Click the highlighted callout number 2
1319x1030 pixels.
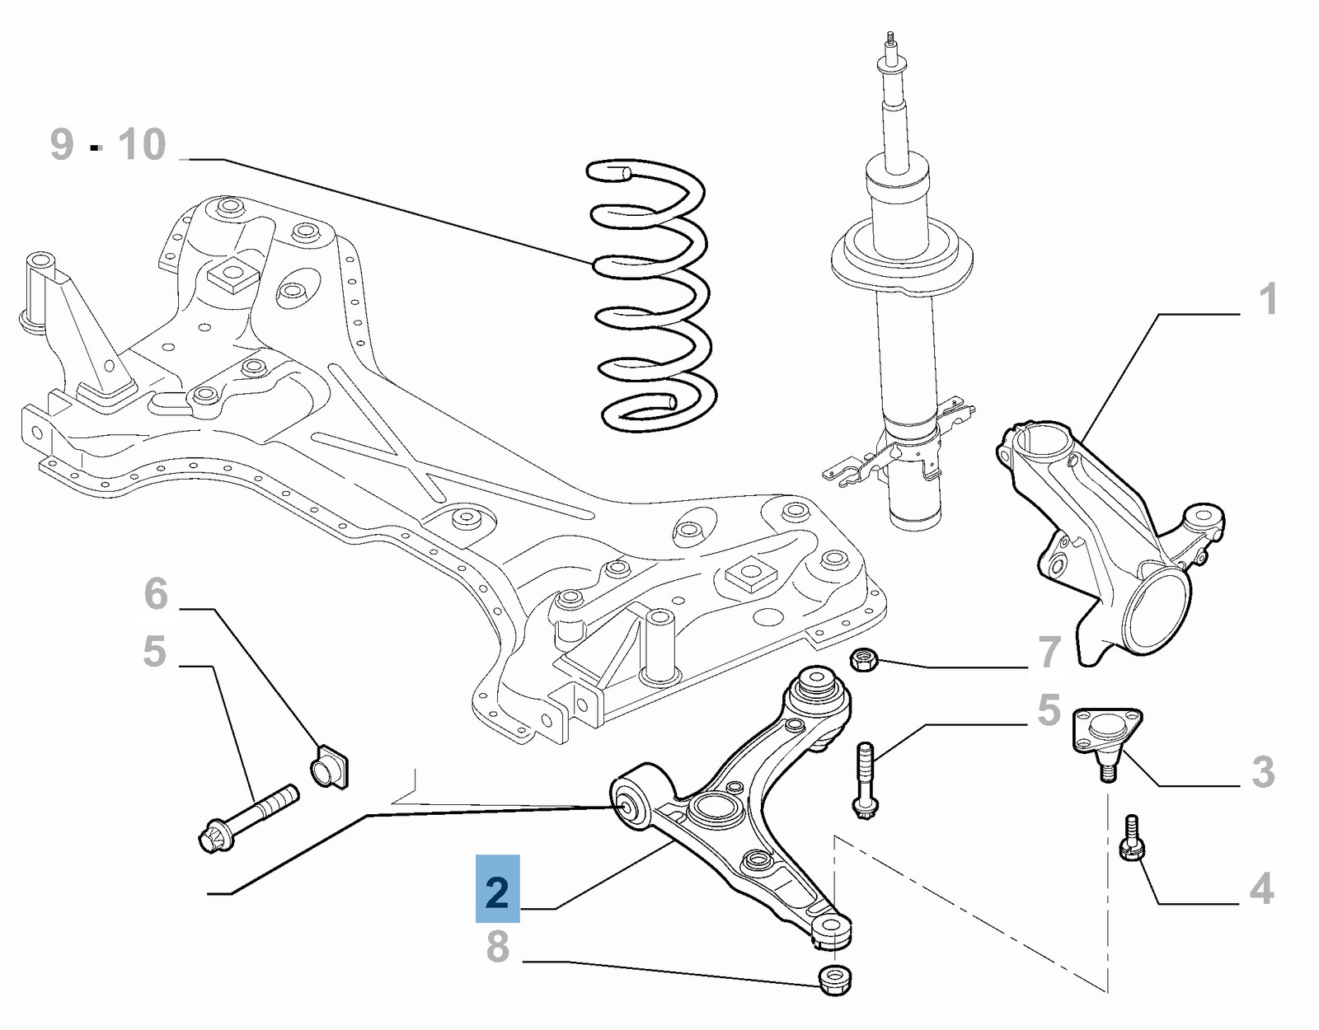click(x=497, y=889)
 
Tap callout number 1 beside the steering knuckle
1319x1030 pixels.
click(x=1268, y=298)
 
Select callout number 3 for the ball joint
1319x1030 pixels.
click(x=1262, y=772)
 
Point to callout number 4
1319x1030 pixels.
click(x=1261, y=888)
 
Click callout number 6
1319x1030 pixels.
click(x=156, y=593)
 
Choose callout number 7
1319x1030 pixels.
click(x=1049, y=652)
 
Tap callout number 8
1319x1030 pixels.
click(x=497, y=947)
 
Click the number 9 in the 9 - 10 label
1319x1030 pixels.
click(x=63, y=144)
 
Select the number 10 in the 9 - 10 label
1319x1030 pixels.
click(x=142, y=144)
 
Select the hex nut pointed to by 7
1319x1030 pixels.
click(x=862, y=659)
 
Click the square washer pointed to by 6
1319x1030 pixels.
click(x=330, y=766)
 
